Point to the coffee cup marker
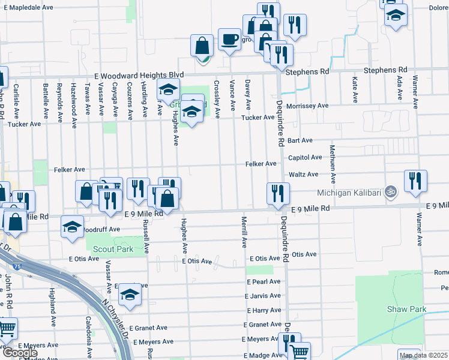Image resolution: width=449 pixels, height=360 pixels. [x=229, y=40]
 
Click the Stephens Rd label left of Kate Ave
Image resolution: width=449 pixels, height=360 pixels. [x=307, y=71]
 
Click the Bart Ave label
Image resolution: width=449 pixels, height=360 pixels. [x=300, y=140]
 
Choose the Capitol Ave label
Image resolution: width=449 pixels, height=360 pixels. [x=305, y=157]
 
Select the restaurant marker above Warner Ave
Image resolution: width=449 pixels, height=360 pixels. [x=415, y=181]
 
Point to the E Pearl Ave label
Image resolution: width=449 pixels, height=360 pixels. [x=263, y=281]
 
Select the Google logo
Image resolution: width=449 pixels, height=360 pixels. [x=20, y=353]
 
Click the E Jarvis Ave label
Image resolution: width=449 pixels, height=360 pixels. [x=263, y=296]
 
